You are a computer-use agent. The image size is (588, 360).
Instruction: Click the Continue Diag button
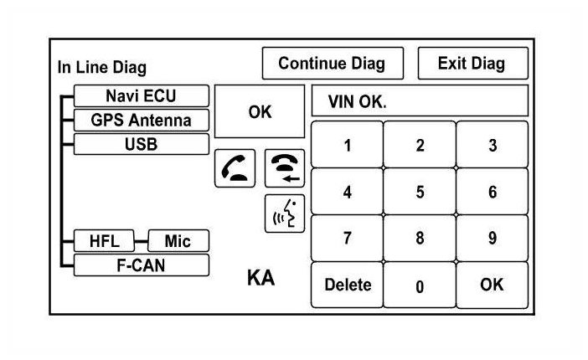(x=332, y=64)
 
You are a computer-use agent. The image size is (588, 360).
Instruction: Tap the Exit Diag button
(x=472, y=64)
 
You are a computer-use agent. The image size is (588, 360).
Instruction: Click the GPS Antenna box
(x=140, y=120)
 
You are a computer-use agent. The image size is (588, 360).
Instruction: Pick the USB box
(x=140, y=143)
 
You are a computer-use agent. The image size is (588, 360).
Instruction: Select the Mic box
(x=178, y=242)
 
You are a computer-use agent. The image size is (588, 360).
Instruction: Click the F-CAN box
(x=140, y=265)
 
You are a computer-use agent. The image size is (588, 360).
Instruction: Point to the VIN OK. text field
(x=420, y=102)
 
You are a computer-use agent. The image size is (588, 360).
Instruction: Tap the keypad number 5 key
(x=420, y=192)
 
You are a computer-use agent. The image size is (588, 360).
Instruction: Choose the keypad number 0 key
(x=420, y=285)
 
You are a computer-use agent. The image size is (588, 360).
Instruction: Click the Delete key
(x=347, y=285)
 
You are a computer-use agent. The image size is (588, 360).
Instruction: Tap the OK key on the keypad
(x=493, y=285)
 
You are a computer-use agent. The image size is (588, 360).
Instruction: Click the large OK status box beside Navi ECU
(x=260, y=111)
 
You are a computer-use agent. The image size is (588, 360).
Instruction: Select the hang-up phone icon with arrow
(x=285, y=168)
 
